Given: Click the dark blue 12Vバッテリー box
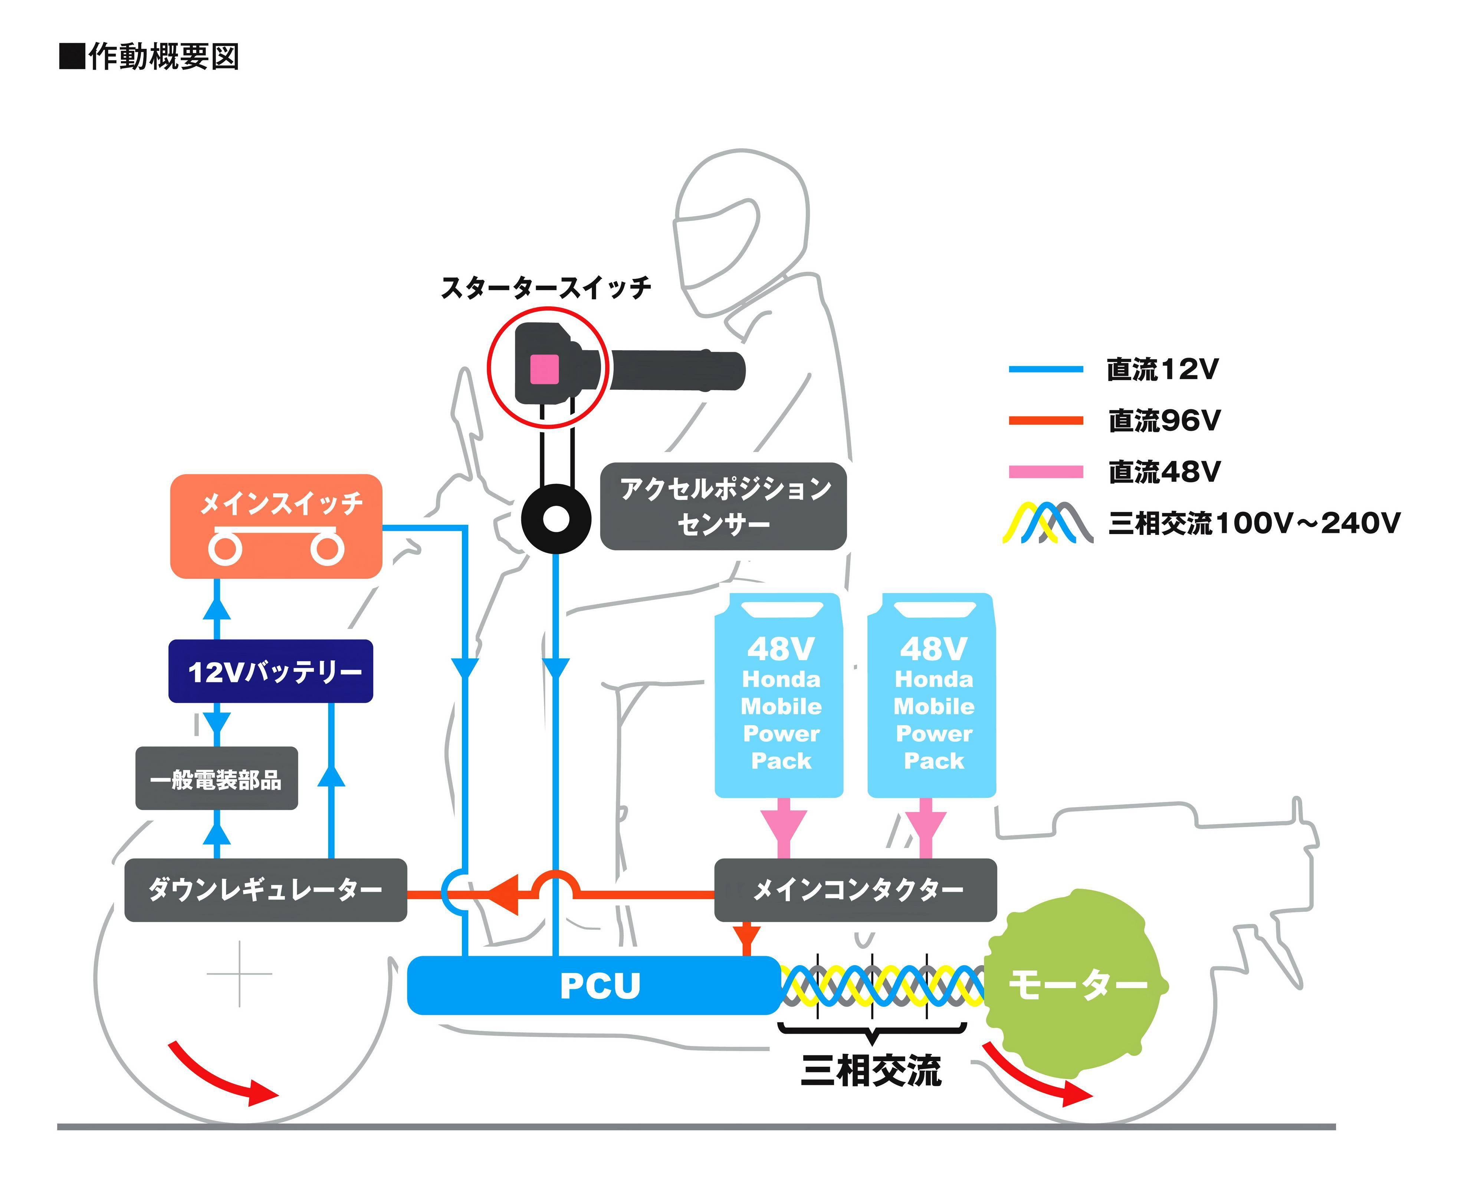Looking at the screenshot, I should (270, 671).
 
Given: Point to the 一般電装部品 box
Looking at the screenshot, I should (216, 779).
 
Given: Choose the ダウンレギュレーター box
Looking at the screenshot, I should (265, 889).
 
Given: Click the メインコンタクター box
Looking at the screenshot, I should (855, 889).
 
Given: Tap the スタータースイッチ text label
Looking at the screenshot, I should (545, 288).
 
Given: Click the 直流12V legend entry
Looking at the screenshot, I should (1162, 370).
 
